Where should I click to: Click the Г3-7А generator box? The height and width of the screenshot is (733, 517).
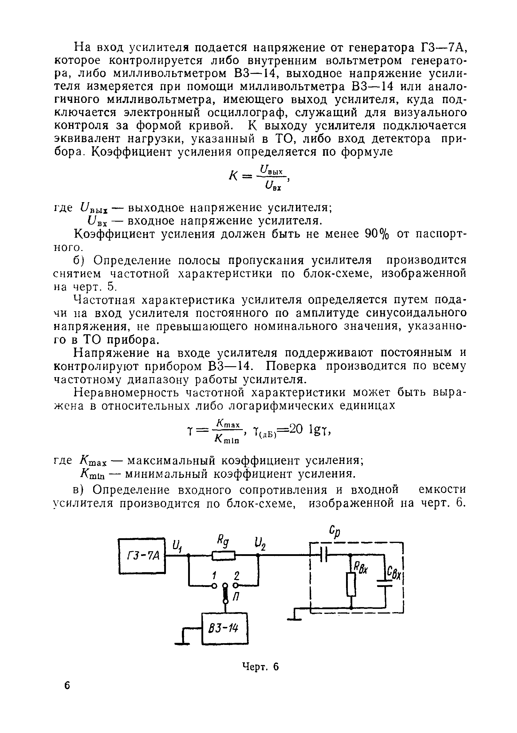pyautogui.click(x=142, y=556)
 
